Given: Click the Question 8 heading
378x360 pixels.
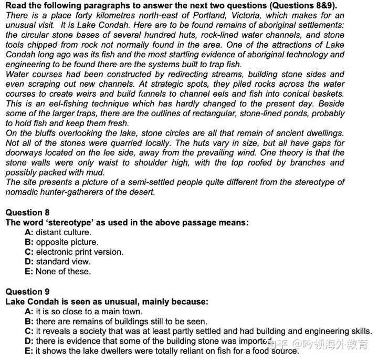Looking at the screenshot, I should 27,212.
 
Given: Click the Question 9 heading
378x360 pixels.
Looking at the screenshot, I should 27,292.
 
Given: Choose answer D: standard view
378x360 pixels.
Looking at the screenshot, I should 58,262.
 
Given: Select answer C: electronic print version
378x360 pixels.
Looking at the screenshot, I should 74,252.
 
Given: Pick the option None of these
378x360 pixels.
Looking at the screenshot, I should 58,272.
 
